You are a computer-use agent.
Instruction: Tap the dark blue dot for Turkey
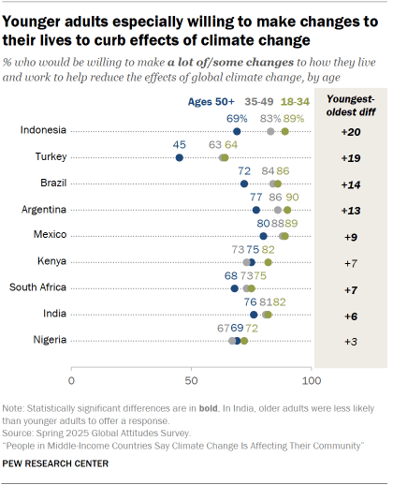180,158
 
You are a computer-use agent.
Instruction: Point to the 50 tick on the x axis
191,381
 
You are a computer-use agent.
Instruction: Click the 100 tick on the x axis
311,381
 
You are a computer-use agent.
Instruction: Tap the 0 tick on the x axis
71,381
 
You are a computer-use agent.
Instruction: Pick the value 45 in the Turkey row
180,145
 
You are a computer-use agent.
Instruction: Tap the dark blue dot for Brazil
244,184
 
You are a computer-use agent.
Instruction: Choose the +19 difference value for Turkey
347,158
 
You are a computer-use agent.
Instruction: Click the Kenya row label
50,261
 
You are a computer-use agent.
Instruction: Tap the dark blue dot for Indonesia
237,132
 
